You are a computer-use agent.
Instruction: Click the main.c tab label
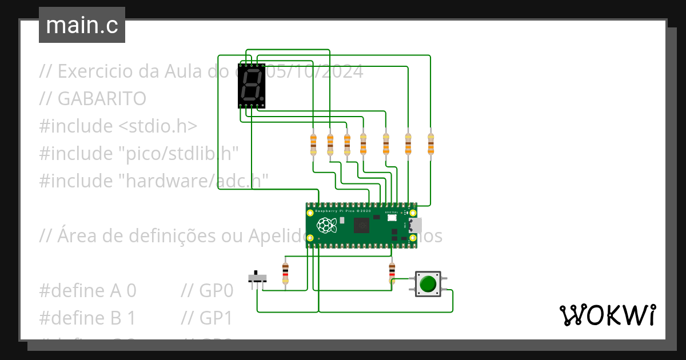82,25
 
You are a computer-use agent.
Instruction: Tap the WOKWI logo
607,315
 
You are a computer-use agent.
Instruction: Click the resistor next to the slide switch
285,274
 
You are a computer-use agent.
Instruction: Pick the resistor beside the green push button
392,274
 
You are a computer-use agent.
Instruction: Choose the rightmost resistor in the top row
430,144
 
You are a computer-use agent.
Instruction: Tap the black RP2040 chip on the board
362,225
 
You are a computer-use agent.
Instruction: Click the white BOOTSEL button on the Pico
392,218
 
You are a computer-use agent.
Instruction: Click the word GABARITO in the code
102,99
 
